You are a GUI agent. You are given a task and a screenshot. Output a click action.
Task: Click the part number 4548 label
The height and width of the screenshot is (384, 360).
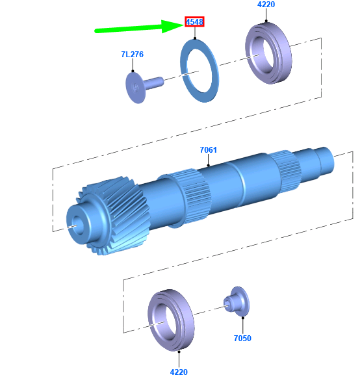click(x=194, y=22)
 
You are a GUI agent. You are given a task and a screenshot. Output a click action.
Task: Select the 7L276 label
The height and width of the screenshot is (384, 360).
click(x=133, y=55)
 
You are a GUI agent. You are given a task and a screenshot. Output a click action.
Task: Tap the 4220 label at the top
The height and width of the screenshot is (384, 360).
click(x=266, y=5)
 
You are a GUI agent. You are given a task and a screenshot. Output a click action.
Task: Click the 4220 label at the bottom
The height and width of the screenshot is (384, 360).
click(x=179, y=372)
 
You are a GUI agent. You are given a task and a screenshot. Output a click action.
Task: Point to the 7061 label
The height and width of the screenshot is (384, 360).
click(x=208, y=149)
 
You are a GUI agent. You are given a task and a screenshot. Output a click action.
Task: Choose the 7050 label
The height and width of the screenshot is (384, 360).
click(x=242, y=339)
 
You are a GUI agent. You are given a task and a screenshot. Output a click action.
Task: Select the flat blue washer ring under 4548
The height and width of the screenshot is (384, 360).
click(x=183, y=71)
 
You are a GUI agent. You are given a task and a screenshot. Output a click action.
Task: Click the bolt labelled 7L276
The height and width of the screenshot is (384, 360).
click(x=144, y=86)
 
